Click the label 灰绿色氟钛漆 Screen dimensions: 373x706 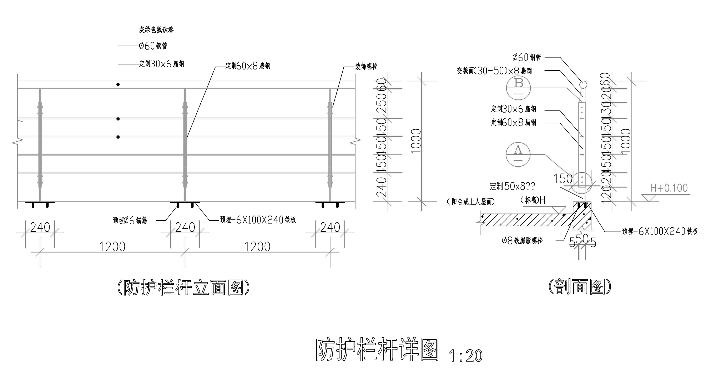(156, 29)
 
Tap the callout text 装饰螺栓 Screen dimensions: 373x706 (366, 66)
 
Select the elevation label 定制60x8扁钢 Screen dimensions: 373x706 (248, 66)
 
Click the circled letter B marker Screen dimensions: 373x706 (518, 88)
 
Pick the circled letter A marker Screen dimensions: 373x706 (518, 154)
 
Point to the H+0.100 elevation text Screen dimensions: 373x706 (669, 188)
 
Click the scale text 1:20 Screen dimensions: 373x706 (466, 356)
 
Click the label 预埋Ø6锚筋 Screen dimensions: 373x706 (130, 220)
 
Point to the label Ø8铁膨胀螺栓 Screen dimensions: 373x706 (522, 240)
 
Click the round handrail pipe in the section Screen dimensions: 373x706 (583, 84)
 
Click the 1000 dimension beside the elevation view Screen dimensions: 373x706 (416, 141)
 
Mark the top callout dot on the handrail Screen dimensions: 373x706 (118, 84)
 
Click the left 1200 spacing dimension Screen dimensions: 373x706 (112, 247)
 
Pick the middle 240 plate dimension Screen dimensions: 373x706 (185, 227)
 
